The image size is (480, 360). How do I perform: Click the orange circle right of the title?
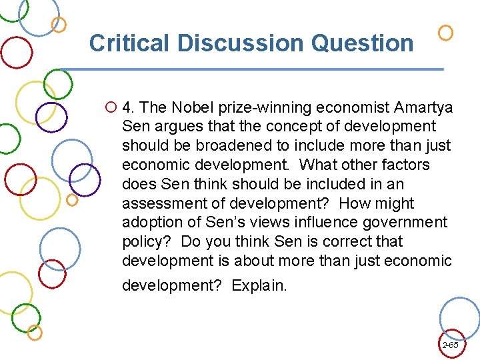click(x=445, y=32)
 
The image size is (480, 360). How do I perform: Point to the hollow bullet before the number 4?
click(x=111, y=107)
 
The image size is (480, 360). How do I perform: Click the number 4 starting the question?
click(x=129, y=107)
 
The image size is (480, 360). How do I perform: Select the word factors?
click(x=405, y=165)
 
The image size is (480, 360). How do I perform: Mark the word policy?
click(x=143, y=241)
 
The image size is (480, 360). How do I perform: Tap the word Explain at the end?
click(x=259, y=285)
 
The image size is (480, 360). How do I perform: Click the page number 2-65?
click(x=450, y=345)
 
